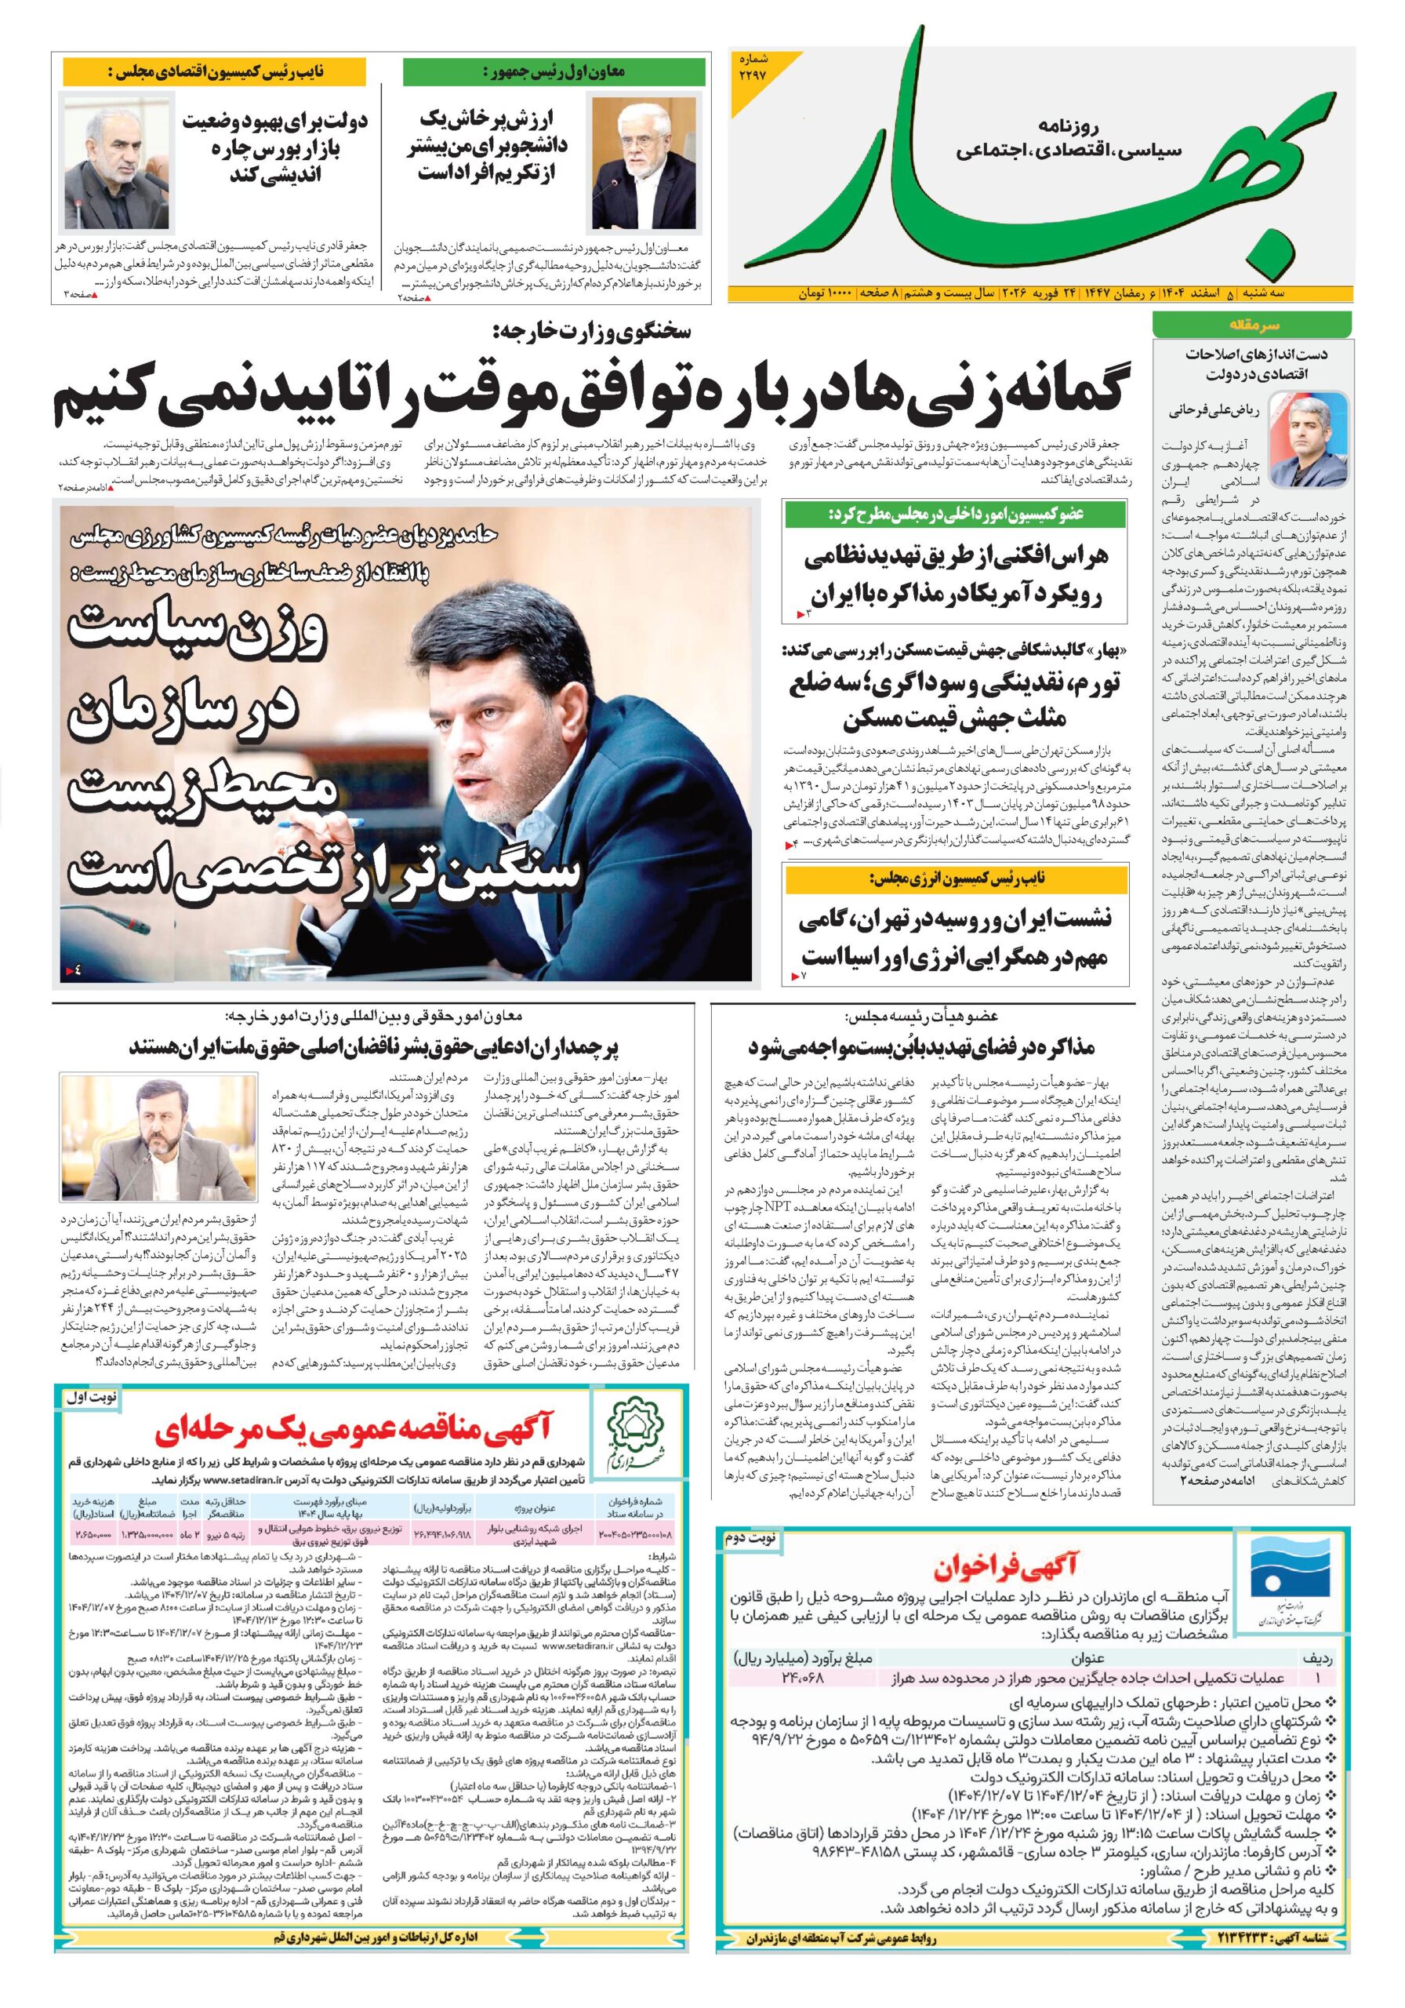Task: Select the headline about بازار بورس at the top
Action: pos(274,146)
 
